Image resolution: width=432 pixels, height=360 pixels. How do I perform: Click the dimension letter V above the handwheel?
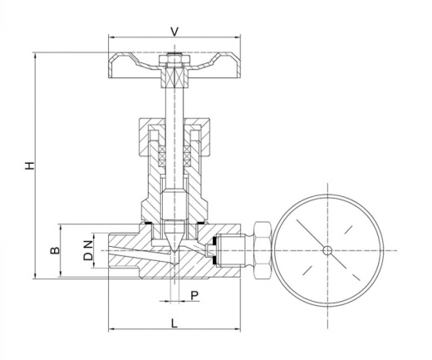[x=174, y=32]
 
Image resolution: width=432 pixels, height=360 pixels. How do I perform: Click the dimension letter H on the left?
[x=30, y=165]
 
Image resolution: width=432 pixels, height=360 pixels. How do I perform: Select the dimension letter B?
[x=55, y=250]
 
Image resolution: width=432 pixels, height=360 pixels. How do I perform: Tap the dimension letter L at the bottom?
[x=174, y=323]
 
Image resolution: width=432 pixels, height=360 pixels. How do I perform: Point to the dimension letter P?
[x=194, y=296]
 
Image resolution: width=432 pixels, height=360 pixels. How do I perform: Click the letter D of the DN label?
[x=88, y=256]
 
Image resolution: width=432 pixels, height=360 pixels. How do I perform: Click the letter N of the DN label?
[x=88, y=244]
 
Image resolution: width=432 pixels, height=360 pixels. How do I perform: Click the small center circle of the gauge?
[x=327, y=251]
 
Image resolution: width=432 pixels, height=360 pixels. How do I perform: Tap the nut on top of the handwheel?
[x=174, y=60]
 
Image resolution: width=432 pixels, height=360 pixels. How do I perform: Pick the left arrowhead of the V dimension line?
[x=111, y=37]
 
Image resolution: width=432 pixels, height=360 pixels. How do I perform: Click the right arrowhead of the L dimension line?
[x=238, y=329]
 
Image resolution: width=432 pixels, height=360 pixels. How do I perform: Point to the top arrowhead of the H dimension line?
[x=35, y=56]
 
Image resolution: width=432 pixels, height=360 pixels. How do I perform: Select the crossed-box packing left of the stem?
[x=161, y=155]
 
